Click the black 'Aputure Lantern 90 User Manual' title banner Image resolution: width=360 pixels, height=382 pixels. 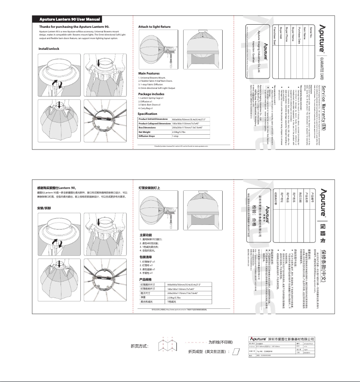pyautogui.click(x=70, y=20)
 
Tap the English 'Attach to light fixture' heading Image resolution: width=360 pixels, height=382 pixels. pyautogui.click(x=154, y=27)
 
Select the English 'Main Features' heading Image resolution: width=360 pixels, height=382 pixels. pyautogui.click(x=149, y=73)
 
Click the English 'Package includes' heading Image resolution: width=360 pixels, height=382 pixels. pyautogui.click(x=151, y=94)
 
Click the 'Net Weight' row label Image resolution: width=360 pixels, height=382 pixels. pyautogui.click(x=146, y=132)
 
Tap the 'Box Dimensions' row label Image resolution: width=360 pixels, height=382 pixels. pyautogui.click(x=149, y=128)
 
